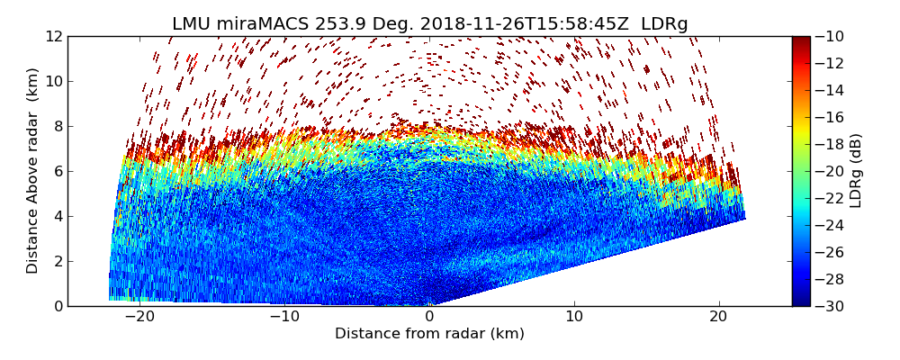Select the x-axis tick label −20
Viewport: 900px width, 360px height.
click(139, 317)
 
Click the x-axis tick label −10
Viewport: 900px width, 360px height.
click(283, 317)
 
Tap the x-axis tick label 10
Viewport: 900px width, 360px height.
click(574, 317)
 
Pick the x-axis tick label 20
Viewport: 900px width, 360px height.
click(718, 317)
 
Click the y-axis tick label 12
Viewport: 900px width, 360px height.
click(52, 37)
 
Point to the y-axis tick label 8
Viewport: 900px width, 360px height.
click(57, 127)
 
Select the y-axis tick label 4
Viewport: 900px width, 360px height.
click(57, 217)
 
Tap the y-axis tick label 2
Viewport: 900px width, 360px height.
click(57, 262)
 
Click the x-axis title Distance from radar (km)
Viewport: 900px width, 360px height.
click(429, 334)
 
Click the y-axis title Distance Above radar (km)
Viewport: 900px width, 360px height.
click(33, 171)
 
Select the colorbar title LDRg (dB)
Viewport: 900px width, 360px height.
click(856, 171)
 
